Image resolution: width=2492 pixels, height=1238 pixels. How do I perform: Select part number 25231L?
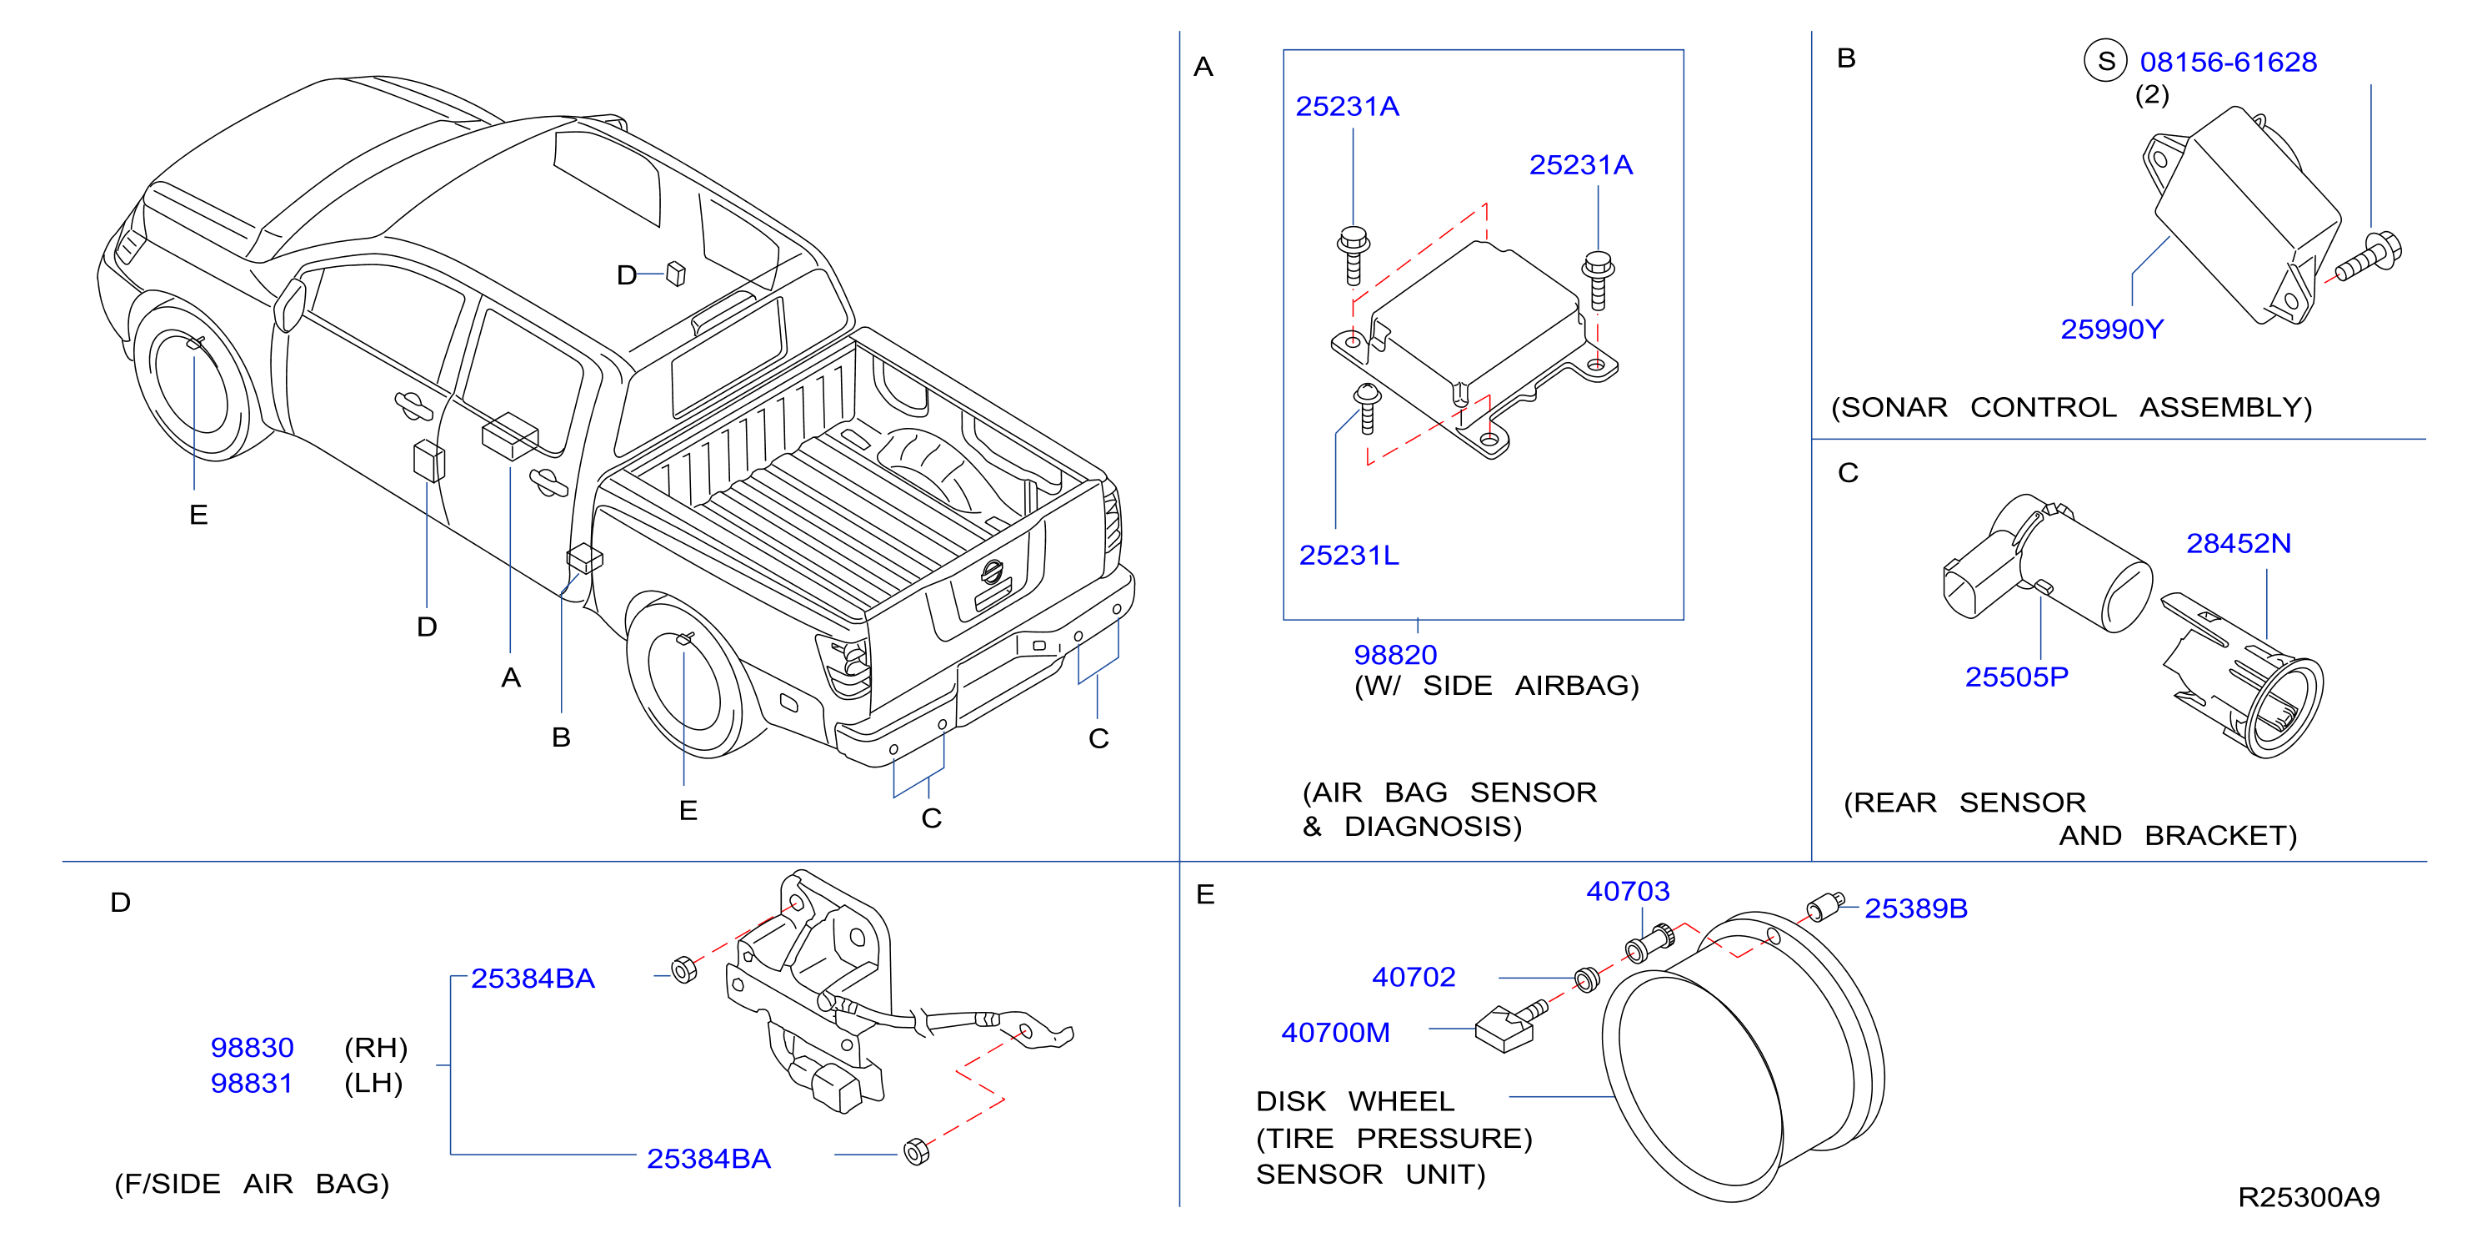tap(1349, 555)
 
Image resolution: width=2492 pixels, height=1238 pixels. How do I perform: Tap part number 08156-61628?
tap(2228, 62)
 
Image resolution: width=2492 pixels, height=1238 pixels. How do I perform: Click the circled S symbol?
tap(2105, 61)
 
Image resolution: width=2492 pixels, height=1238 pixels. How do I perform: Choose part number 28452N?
tap(2239, 543)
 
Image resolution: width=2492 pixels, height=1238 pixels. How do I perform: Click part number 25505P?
tap(2016, 677)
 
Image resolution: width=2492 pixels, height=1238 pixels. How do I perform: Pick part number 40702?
tap(1414, 977)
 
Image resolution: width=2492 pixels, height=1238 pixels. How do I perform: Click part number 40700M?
tap(1335, 1033)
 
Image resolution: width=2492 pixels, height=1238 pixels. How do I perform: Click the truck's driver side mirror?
tap(289, 304)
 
